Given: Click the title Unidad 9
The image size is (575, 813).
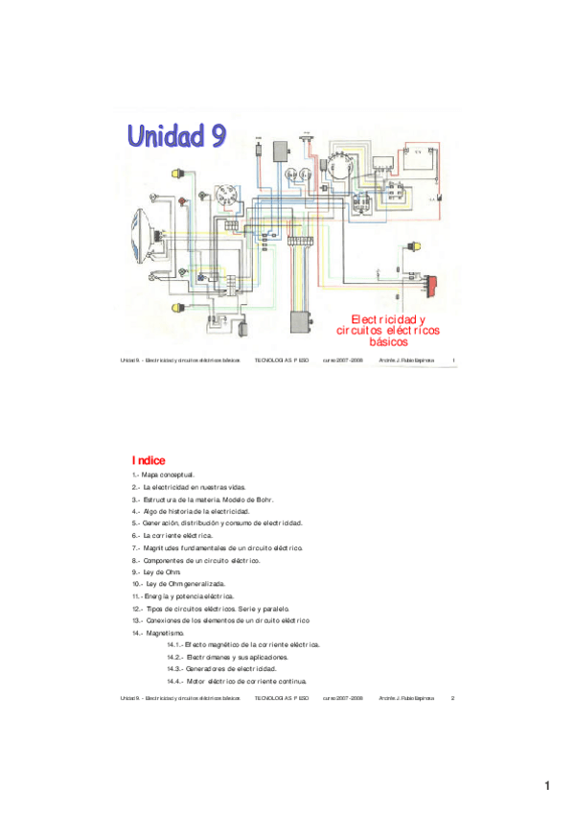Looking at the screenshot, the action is click(178, 137).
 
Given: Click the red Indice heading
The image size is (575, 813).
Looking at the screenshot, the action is click(149, 460).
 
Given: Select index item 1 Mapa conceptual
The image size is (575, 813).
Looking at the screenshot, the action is click(164, 475).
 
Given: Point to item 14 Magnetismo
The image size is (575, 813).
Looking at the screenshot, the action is click(157, 633).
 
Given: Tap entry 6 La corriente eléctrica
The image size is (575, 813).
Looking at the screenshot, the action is click(172, 535).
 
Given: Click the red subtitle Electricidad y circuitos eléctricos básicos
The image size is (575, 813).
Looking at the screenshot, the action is click(388, 330).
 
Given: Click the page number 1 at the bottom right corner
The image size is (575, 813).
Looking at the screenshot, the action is click(547, 786).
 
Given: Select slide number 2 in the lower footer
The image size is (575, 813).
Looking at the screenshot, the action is click(452, 697).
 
